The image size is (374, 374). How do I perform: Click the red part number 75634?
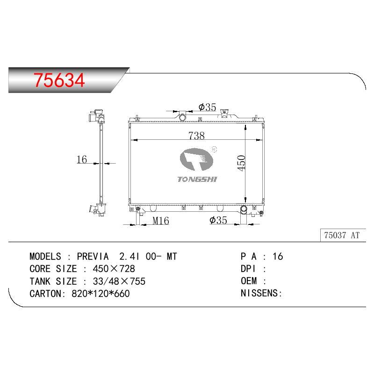pos(59,80)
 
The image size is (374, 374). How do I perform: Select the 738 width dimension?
pos(196,136)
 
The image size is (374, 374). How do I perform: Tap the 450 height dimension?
pos(241,163)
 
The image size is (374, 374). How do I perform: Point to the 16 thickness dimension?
pos(81,159)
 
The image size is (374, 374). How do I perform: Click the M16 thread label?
pos(161,221)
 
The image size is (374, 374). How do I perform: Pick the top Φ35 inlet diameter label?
pos(207,107)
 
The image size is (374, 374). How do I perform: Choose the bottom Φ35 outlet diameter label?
pos(218,220)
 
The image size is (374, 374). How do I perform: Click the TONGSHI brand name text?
pos(197,179)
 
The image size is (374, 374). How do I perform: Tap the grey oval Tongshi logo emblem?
pos(196,159)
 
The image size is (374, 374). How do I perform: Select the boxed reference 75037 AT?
pos(342,235)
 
